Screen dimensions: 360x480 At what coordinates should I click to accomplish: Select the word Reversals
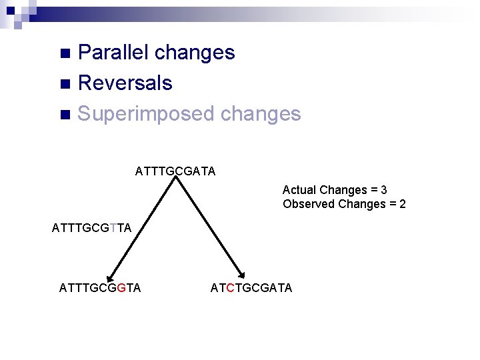(x=125, y=83)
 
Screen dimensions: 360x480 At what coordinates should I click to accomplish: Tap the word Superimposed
(x=145, y=114)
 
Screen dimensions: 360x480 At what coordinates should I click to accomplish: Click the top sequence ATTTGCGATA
(x=175, y=171)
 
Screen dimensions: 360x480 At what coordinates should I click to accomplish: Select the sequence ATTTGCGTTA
(x=91, y=229)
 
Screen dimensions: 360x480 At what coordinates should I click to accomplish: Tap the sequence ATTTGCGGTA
(x=100, y=288)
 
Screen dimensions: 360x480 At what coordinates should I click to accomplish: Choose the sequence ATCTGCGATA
(x=251, y=288)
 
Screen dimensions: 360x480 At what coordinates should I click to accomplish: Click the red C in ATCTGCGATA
(x=231, y=288)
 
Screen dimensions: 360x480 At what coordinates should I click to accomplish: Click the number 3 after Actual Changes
(x=384, y=190)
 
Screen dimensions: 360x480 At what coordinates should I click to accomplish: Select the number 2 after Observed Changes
(x=402, y=204)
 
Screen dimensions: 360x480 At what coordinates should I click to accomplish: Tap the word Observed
(x=309, y=204)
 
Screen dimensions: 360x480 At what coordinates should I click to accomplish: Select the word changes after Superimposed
(x=260, y=114)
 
